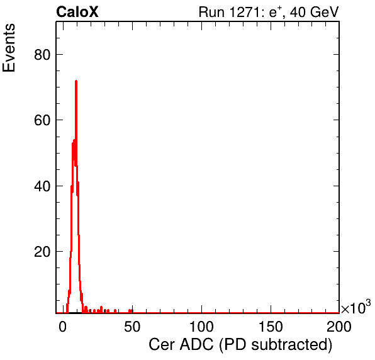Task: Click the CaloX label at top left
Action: [77, 12]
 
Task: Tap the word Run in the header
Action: [211, 12]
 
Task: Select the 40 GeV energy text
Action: [314, 12]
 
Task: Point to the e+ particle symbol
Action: [276, 12]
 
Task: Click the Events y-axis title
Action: [9, 48]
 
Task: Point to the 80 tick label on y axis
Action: [42, 55]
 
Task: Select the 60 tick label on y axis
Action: [42, 120]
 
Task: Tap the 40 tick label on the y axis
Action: [42, 186]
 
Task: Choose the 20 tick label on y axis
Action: [42, 252]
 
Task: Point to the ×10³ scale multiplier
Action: [356, 307]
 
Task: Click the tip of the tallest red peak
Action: [76, 81]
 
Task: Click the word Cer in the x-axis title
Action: [162, 345]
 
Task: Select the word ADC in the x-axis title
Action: [196, 345]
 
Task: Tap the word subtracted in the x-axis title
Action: [290, 345]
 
